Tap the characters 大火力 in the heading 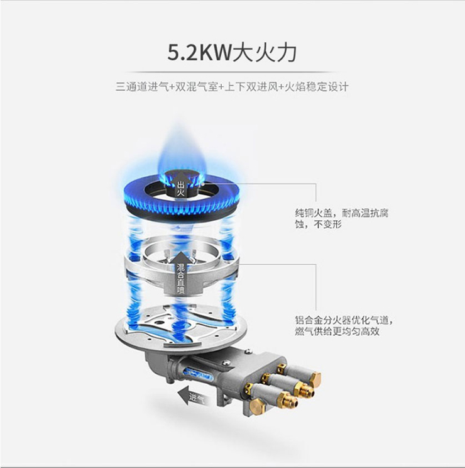coord(265,52)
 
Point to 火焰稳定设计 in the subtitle coord(317,87)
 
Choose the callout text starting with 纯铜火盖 coord(342,218)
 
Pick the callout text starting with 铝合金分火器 coord(344,326)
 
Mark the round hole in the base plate coord(160,323)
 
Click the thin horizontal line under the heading coord(232,72)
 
